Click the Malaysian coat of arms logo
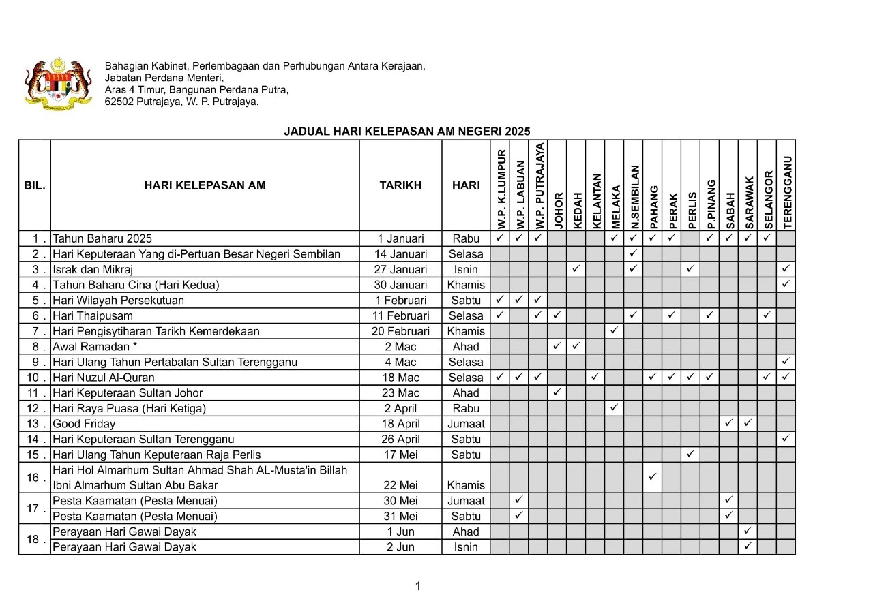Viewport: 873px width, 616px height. point(58,84)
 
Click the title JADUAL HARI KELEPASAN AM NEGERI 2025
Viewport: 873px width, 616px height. point(406,132)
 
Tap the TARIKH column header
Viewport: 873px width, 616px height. point(400,185)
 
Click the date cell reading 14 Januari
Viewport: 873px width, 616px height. point(400,254)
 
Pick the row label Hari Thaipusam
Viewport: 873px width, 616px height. point(93,315)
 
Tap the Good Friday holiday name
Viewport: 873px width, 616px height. point(84,423)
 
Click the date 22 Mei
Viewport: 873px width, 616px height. point(400,485)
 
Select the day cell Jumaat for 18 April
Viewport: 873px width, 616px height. point(466,423)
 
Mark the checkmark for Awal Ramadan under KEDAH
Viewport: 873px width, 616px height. point(576,346)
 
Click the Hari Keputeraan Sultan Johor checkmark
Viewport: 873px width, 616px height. point(557,392)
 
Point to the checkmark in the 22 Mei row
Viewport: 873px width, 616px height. point(652,476)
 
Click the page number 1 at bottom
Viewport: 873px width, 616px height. point(417,586)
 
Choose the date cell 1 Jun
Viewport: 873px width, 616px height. point(400,532)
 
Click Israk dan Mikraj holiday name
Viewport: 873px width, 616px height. point(93,269)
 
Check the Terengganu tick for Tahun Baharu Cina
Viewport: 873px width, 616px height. point(786,284)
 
